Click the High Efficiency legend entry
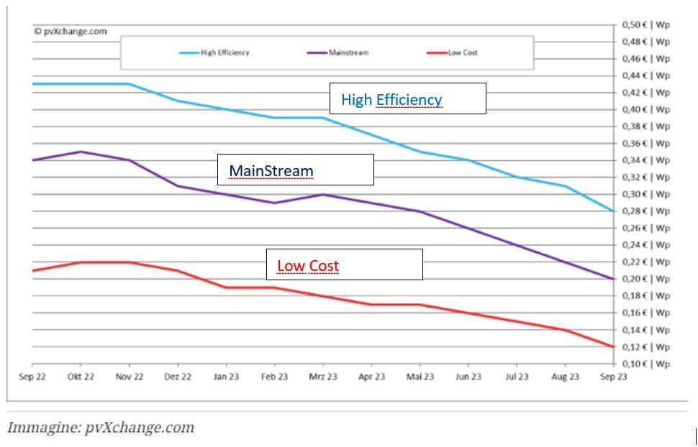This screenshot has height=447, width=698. coord(214,52)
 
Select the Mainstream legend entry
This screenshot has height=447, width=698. coord(338,52)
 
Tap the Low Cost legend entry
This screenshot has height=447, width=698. coord(453,52)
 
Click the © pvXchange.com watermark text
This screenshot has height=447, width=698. coord(71,31)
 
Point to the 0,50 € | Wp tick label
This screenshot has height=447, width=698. coord(645,24)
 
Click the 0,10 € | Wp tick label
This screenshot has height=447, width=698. coord(645,364)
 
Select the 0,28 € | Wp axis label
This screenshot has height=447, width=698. coord(645,211)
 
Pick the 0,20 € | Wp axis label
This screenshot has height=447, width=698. coord(645,279)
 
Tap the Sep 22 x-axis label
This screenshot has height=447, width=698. coord(32,377)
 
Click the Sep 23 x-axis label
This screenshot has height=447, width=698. coord(612,377)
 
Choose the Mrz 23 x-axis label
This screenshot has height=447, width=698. coord(322,377)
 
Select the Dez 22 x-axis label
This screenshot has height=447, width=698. coord(177,377)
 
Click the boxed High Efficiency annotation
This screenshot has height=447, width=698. coord(407,98)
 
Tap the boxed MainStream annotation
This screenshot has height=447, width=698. coord(296,170)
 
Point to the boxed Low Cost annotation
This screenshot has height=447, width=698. coord(344,264)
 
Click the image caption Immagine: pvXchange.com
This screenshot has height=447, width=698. coord(101,428)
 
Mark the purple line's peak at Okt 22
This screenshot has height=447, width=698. coord(81,152)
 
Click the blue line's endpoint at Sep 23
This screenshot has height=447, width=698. coord(613,211)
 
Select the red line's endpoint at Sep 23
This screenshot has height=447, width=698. coord(613,346)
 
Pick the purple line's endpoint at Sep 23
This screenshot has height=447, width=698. coord(613,279)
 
